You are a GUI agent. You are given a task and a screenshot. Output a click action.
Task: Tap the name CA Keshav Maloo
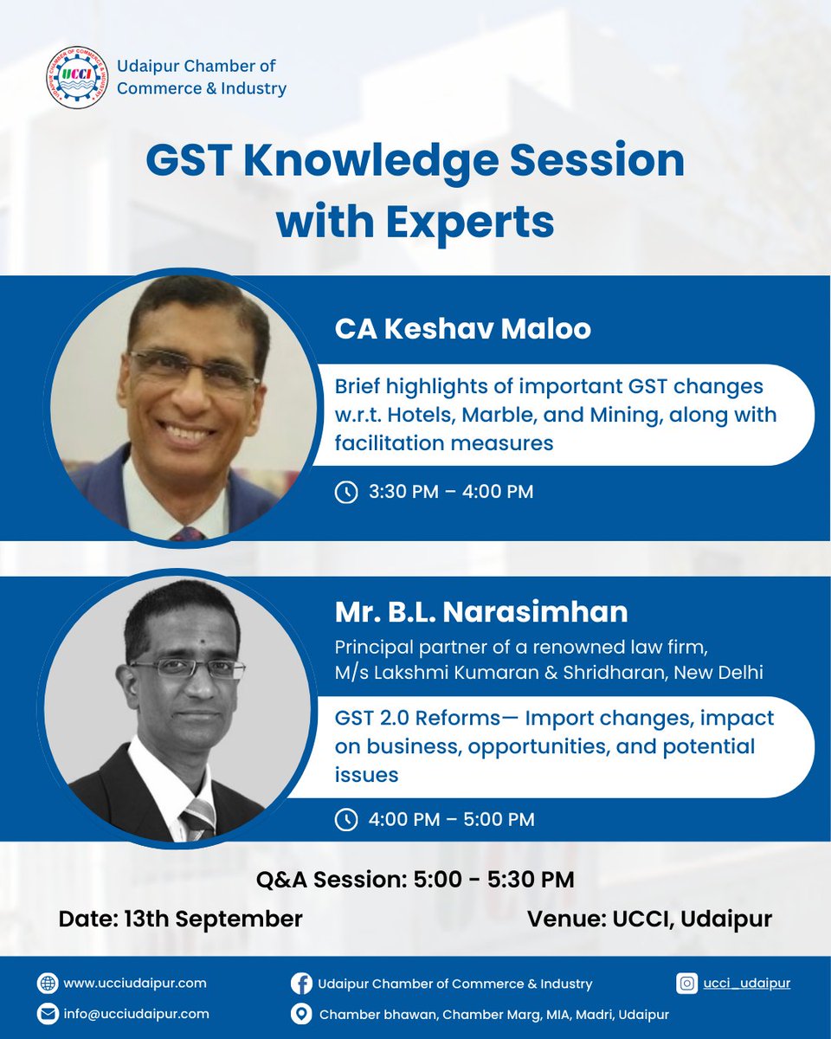463,330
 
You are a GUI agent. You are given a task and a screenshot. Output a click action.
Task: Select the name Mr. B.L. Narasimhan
481,611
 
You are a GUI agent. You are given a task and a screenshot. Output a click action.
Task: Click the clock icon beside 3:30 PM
345,492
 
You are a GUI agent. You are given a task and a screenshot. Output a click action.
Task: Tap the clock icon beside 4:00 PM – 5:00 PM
345,818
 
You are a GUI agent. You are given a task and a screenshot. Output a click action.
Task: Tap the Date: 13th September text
180,919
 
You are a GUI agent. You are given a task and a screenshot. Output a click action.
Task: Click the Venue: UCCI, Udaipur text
649,919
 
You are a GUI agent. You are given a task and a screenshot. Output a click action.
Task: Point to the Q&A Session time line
415,881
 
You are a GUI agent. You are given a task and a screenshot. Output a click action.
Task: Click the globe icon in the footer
47,983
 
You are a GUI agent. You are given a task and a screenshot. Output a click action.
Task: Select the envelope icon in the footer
47,1014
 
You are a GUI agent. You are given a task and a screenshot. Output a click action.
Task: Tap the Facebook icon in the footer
301,984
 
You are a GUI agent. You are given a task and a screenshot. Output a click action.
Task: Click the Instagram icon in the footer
687,983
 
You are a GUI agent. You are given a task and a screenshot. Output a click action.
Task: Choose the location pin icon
301,1014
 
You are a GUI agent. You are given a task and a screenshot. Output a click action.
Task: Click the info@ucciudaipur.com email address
136,1014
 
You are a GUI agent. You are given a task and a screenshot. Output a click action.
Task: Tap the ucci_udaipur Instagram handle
746,983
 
